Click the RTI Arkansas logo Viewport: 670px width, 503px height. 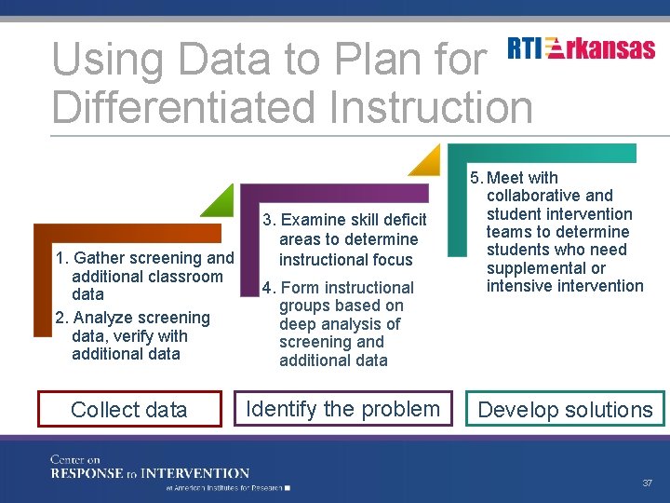point(582,49)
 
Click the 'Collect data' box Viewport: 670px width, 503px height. point(129,409)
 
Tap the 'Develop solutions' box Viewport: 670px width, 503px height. point(565,409)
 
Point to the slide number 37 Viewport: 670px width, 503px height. point(647,483)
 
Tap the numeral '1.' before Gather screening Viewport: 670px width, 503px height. point(62,258)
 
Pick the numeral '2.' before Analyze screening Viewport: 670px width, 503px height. point(61,318)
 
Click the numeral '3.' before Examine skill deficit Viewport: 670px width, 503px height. point(269,220)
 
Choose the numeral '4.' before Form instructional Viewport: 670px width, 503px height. point(268,288)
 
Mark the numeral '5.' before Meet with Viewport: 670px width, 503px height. point(476,178)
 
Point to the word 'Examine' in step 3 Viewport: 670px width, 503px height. point(311,220)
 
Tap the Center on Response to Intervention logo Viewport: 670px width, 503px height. point(149,471)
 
